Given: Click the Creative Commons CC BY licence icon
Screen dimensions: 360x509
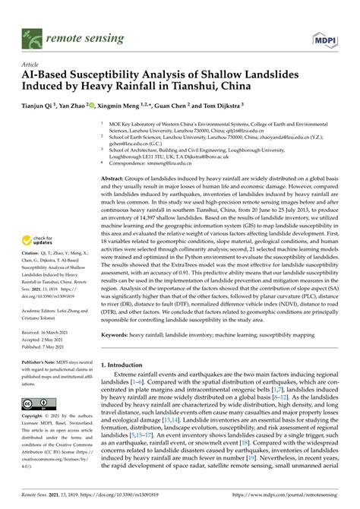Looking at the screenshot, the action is [x=39, y=405].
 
